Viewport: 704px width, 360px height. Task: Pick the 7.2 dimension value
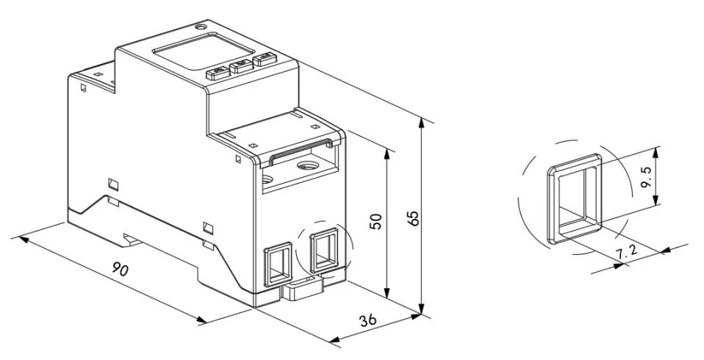click(625, 253)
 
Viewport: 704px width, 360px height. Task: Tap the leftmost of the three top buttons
click(218, 72)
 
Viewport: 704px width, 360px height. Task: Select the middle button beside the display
click(240, 67)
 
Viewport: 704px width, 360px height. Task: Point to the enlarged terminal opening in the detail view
click(575, 198)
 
